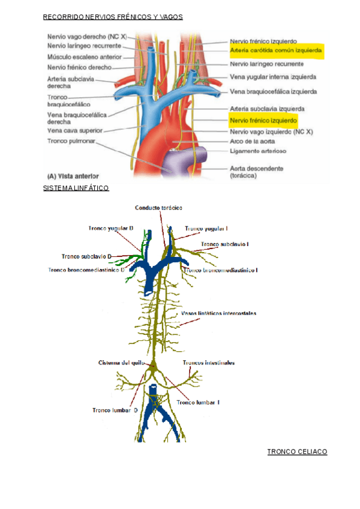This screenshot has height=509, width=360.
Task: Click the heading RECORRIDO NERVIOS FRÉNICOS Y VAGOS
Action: (x=113, y=17)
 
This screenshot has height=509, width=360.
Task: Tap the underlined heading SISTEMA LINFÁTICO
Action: (x=76, y=188)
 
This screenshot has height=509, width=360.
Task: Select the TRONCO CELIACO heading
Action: (x=297, y=451)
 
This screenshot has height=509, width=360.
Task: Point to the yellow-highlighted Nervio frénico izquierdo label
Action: (x=263, y=120)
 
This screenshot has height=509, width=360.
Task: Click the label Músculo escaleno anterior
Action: (x=85, y=57)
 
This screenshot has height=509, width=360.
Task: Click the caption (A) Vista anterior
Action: (x=74, y=176)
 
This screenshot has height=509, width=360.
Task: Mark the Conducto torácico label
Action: (x=158, y=207)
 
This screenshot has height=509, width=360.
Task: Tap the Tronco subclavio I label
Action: (x=225, y=244)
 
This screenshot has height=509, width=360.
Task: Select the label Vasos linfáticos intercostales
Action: (x=218, y=313)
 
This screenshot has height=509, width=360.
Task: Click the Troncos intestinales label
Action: (x=208, y=363)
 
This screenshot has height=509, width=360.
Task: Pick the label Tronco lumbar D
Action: (x=115, y=411)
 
